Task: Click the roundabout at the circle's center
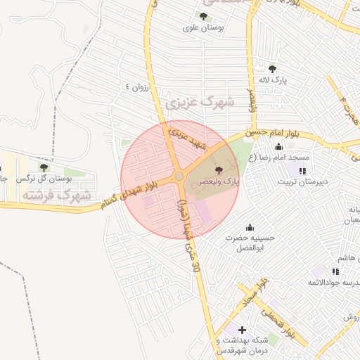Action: coord(179,176)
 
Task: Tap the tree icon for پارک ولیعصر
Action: coord(218,169)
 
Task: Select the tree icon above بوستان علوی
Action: coord(204,16)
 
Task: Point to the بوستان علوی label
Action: coord(203,28)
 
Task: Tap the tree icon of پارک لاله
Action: coord(272,68)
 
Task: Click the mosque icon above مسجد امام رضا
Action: coord(278,147)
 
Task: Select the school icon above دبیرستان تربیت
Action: coord(302,171)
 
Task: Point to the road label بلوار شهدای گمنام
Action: coord(134,194)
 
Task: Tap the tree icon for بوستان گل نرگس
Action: coord(44,167)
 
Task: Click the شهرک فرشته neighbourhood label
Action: coord(56,194)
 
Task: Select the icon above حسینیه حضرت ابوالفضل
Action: coord(249,226)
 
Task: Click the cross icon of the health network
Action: coord(242,330)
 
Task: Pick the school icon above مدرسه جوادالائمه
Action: coord(323,271)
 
